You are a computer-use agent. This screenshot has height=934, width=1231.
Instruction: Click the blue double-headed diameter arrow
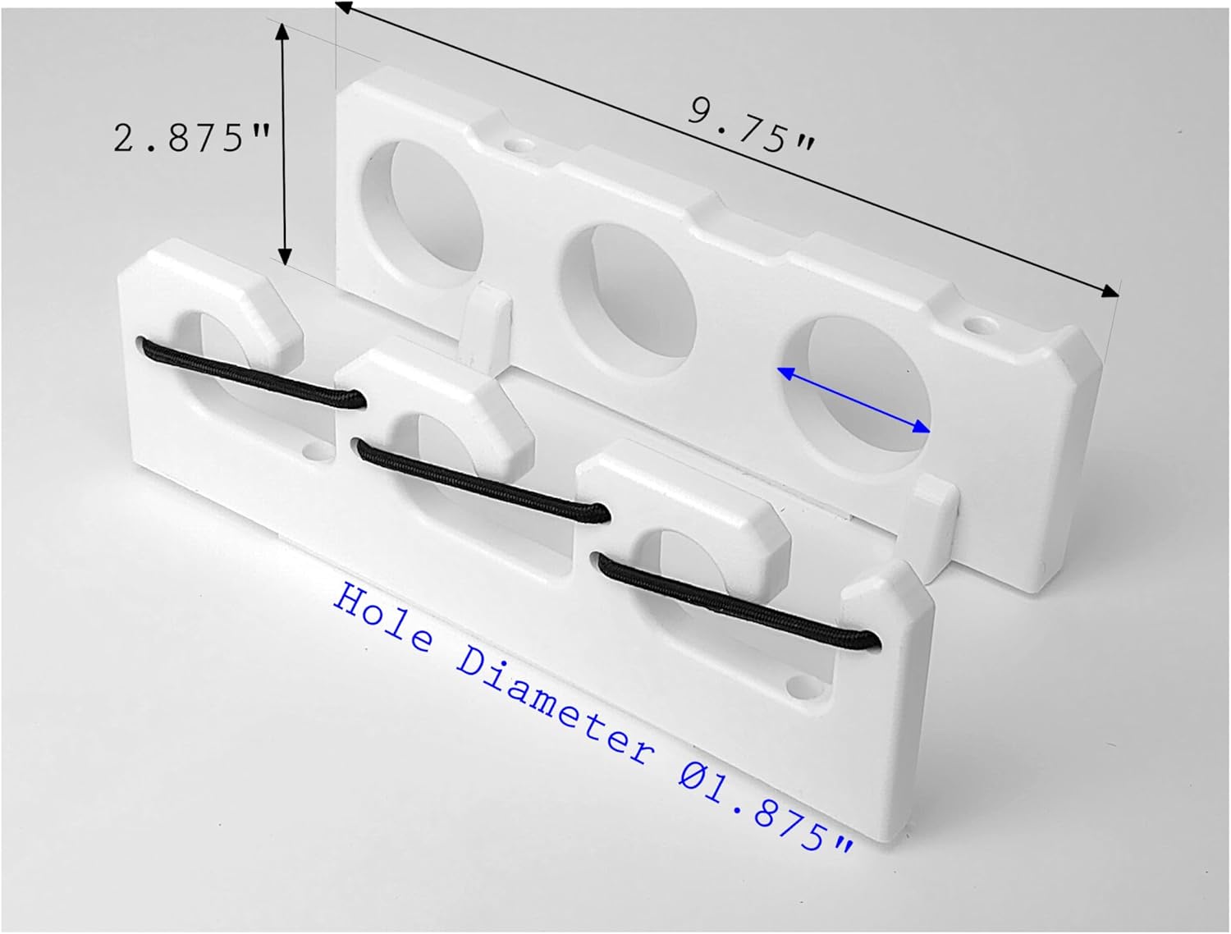pos(853,400)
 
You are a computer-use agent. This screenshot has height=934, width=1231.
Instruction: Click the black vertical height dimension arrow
pos(284,144)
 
